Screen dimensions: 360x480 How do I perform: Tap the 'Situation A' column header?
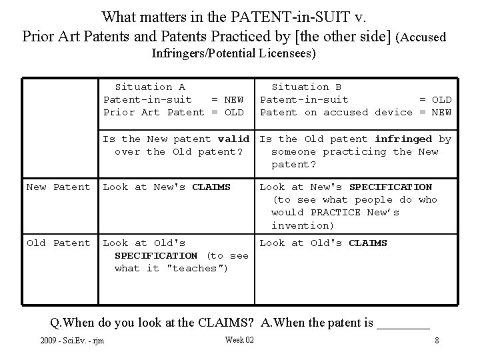(x=150, y=87)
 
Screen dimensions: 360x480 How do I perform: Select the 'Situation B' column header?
(x=307, y=87)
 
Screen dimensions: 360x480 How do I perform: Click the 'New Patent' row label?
(x=58, y=187)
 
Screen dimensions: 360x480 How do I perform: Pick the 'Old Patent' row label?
(x=58, y=243)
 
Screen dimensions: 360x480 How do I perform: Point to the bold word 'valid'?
(x=233, y=139)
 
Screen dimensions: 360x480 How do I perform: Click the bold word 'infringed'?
(x=403, y=139)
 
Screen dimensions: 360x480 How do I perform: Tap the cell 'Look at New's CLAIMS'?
(x=167, y=187)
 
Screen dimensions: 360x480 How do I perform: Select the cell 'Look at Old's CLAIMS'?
(x=323, y=243)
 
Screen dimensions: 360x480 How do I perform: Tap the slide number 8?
(x=436, y=341)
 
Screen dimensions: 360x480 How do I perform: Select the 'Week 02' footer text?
(x=239, y=340)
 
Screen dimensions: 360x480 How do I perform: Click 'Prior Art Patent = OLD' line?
(x=173, y=112)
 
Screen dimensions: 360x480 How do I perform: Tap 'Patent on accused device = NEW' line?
(x=355, y=112)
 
